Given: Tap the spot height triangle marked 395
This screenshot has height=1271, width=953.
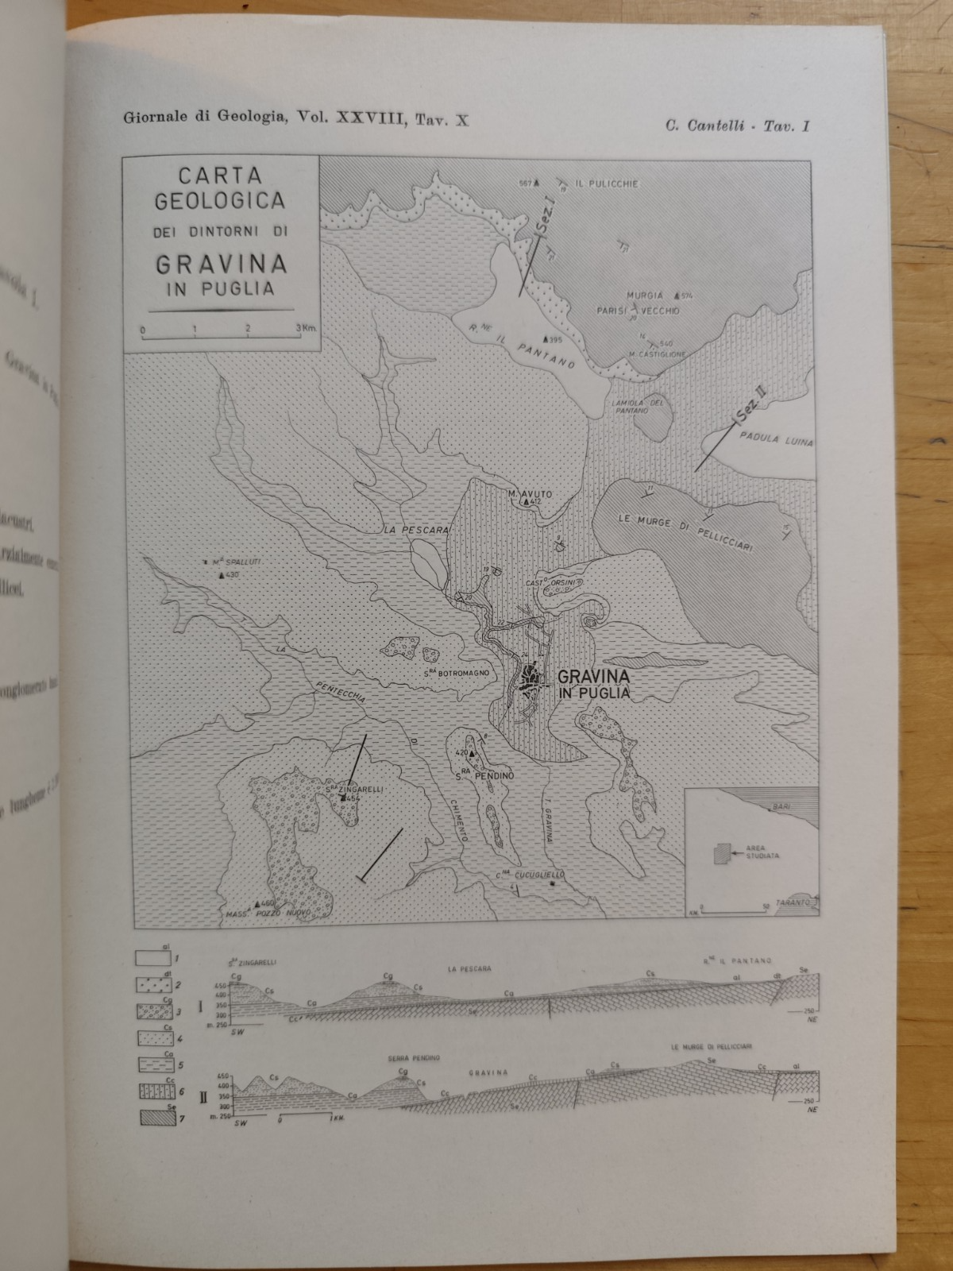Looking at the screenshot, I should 546,339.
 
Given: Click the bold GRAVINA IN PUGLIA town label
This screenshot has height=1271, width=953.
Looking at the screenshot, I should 594,684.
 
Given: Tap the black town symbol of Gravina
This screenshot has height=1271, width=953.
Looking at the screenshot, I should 530,681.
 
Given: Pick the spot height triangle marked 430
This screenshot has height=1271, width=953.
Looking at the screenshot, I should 221,574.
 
